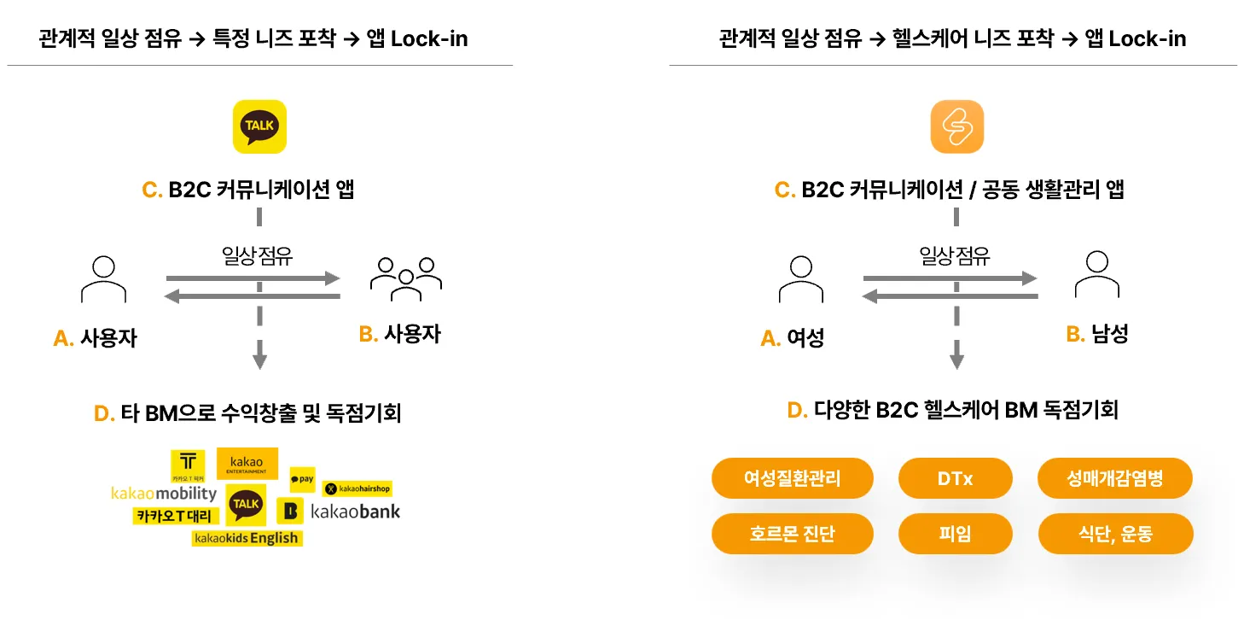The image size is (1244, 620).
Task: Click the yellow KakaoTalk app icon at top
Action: point(259,126)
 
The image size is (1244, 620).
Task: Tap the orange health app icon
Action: point(956,126)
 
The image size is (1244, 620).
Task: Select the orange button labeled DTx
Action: point(955,478)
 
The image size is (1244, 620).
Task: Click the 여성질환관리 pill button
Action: point(792,478)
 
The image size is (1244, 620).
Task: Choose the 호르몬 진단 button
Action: point(792,534)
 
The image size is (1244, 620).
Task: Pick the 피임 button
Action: point(955,534)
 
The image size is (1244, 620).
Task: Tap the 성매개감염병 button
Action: point(1114,478)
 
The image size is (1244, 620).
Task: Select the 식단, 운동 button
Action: point(1114,534)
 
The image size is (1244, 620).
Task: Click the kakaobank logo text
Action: point(355,512)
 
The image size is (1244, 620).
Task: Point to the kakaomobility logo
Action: point(164,494)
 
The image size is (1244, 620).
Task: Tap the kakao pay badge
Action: point(302,480)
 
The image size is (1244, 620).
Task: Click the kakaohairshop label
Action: point(357,488)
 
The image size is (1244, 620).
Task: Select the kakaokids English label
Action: point(247,538)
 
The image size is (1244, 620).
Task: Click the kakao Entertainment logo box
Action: point(247,463)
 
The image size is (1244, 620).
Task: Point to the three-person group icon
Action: point(405,278)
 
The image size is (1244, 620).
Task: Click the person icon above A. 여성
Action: point(800,279)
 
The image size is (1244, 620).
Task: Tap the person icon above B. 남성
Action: point(1096,275)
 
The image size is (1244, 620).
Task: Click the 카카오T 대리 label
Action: point(177,516)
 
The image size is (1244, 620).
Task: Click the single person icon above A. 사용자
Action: point(103,279)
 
